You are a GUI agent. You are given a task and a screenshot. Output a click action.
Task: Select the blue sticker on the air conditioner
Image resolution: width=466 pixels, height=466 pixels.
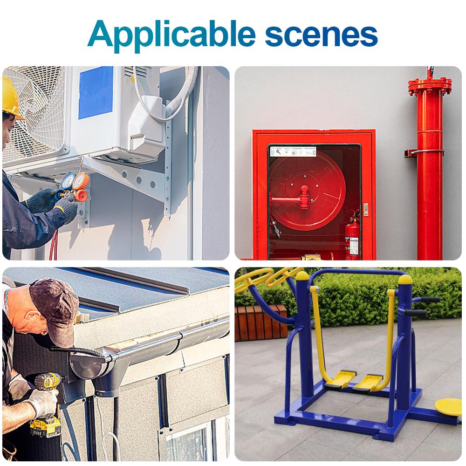(96, 92)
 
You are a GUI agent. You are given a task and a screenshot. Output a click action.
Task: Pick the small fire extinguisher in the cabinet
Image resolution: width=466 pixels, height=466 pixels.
(353, 235)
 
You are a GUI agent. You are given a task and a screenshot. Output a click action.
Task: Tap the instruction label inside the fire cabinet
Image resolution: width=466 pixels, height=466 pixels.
(293, 151)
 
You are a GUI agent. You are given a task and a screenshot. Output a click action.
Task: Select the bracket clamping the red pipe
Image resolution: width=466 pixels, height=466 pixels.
(423, 153)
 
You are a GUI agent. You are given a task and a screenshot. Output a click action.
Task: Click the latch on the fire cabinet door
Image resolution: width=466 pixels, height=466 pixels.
(366, 209)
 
